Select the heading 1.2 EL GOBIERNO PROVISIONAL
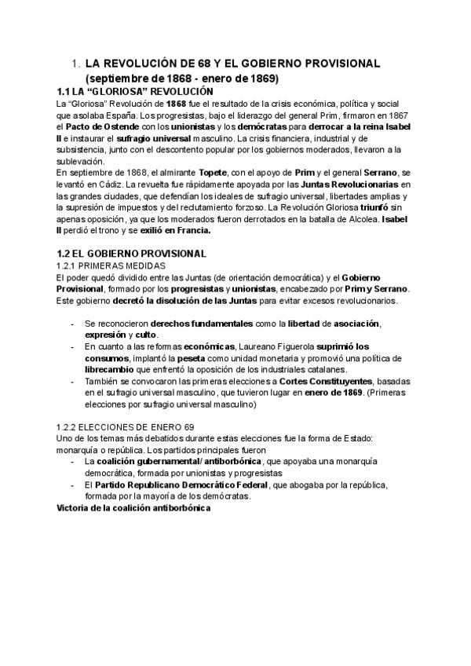(131, 254)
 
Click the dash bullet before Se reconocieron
(73, 324)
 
